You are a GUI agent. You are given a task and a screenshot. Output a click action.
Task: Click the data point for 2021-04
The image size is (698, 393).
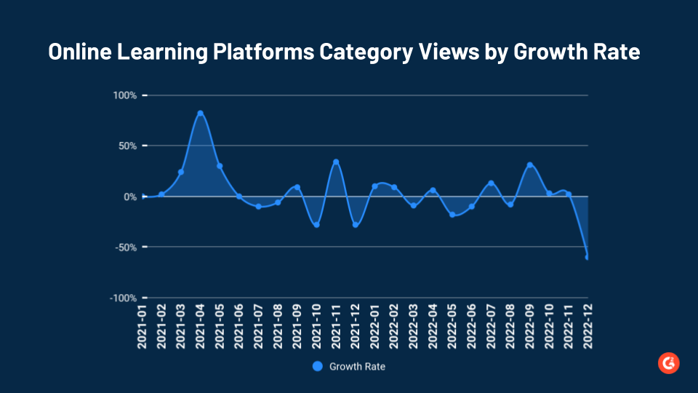coord(200,114)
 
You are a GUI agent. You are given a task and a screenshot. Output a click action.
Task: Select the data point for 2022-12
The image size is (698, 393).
coord(587,257)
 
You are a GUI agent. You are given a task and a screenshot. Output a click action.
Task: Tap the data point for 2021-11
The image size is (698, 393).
coord(336,162)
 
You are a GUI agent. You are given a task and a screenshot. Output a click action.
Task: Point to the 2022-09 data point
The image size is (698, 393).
coord(529,165)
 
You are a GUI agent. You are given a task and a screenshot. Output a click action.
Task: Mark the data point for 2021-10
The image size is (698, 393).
coord(316,225)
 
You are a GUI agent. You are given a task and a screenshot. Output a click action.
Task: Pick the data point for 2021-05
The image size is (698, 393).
coord(220,166)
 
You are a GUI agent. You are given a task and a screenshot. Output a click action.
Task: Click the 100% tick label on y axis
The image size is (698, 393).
coord(124,95)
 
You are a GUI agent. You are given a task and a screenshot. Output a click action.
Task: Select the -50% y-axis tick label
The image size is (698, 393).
coord(124,247)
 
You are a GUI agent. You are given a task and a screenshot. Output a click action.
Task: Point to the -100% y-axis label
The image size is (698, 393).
coord(123,298)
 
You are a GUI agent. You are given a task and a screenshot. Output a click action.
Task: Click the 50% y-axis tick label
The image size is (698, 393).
coord(127,146)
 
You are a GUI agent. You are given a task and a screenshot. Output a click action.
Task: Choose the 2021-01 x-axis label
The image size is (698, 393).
coord(143,327)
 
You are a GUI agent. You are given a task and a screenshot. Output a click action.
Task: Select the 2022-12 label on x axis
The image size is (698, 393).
coord(587,327)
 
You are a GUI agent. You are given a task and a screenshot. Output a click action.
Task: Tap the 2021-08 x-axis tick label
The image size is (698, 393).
coord(278,327)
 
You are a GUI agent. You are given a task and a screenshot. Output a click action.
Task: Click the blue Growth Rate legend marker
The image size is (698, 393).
coord(317,367)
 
